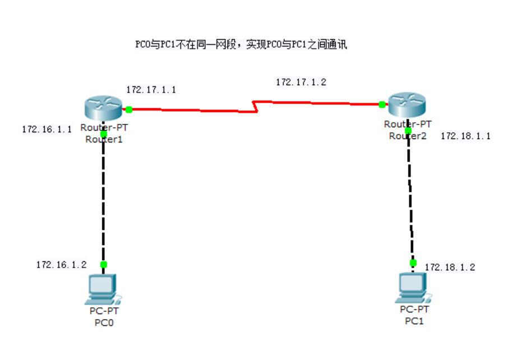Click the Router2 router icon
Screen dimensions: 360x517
(x=408, y=104)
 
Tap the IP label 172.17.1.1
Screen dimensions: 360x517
(x=151, y=90)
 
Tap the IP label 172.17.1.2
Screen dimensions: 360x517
(x=301, y=82)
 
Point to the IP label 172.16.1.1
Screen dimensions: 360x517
(x=47, y=129)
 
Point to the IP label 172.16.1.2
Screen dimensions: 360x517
(x=62, y=264)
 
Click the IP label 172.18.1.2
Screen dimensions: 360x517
(x=450, y=267)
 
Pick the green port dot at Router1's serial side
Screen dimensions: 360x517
(x=129, y=109)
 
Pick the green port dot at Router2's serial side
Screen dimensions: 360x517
(x=382, y=104)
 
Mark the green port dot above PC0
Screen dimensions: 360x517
(x=103, y=264)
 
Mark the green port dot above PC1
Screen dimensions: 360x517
(x=413, y=262)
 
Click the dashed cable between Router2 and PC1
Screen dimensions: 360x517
(x=410, y=196)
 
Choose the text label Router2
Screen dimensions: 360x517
(x=408, y=135)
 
